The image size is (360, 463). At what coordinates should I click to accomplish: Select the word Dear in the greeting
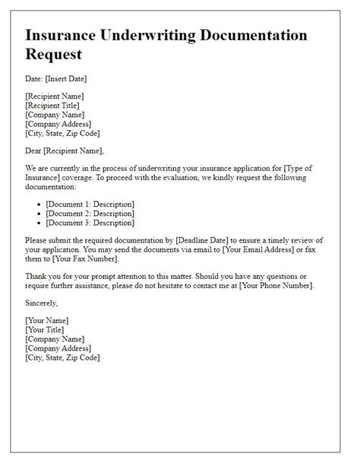point(35,151)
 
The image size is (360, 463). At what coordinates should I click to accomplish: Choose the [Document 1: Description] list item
point(90,204)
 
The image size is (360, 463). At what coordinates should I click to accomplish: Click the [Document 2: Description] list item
point(90,214)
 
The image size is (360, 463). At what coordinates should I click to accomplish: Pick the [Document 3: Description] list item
point(90,223)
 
